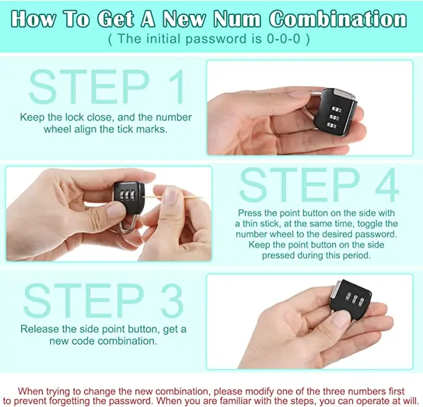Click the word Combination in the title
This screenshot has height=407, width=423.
(338, 19)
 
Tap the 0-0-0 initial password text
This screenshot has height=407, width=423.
(283, 39)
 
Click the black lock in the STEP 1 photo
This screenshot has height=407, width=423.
(335, 112)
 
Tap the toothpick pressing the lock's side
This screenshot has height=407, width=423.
(173, 198)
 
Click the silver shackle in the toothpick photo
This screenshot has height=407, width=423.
(129, 224)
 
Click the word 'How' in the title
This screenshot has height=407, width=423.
(34, 19)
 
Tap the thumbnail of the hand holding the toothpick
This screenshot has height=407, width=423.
(171, 195)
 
